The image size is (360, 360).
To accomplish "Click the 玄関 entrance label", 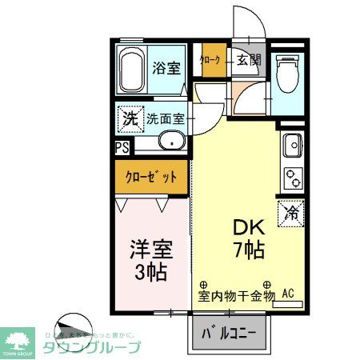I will pyautogui.click(x=248, y=60).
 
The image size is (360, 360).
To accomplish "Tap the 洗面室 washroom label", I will pyautogui.click(x=166, y=119).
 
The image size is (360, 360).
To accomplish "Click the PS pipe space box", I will pyautogui.click(x=122, y=147).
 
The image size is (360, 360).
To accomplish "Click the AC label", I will pyautogui.click(x=289, y=295).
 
